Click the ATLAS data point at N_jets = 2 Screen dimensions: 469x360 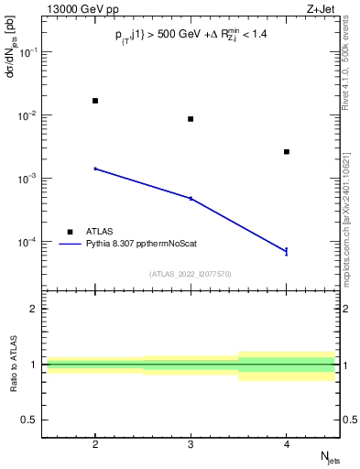(x=95, y=101)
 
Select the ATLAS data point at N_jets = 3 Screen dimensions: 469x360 (x=191, y=119)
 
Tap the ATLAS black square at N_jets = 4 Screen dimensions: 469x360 (x=287, y=152)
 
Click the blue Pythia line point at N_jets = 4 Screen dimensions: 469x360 (x=287, y=251)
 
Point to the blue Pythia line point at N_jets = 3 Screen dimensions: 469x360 (x=191, y=198)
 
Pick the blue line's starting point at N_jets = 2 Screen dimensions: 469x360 (x=95, y=169)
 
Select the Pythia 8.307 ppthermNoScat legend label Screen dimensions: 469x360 (x=136, y=245)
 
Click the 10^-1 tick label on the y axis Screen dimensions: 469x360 (x=29, y=52)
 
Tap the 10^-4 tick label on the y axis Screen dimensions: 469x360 (x=29, y=243)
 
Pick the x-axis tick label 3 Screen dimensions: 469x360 (x=191, y=443)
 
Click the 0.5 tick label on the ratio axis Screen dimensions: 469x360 (x=31, y=420)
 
